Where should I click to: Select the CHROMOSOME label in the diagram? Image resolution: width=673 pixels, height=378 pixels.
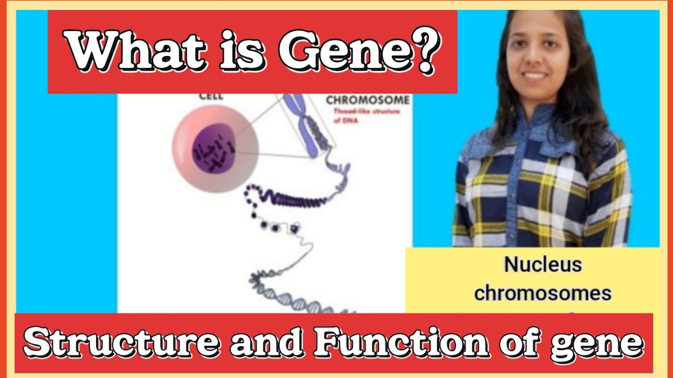coord(368,100)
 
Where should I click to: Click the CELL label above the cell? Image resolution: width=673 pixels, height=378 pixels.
coord(211,96)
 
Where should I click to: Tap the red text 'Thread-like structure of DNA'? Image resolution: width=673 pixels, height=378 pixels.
coord(366,115)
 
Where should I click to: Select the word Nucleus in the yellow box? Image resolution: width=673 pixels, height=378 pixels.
coord(543,265)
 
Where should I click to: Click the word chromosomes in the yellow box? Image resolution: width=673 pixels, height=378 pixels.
coord(543,293)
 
